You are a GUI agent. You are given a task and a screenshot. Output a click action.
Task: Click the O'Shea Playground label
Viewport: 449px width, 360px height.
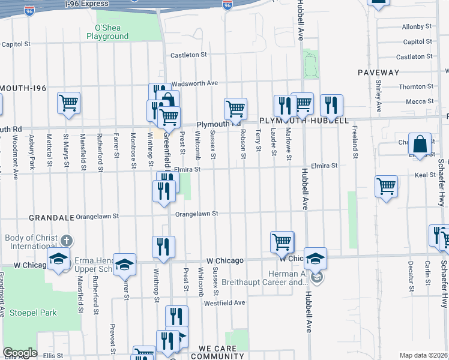(107, 32)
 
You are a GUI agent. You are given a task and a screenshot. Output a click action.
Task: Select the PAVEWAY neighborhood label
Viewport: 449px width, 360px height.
(378, 73)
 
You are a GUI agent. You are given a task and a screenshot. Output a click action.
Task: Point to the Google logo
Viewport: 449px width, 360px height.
(19, 353)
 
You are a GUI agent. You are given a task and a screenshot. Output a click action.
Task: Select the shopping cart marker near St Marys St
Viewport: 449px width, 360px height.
(69, 103)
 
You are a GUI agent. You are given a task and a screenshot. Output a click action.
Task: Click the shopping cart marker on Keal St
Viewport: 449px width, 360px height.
(386, 186)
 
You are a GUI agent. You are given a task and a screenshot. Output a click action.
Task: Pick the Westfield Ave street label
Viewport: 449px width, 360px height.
(224, 303)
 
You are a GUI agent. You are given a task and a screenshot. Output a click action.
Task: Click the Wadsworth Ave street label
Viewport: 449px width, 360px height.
(194, 83)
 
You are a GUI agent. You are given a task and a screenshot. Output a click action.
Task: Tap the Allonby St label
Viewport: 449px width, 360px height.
(413, 26)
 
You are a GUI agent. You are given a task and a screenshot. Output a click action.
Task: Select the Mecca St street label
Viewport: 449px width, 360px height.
(415, 101)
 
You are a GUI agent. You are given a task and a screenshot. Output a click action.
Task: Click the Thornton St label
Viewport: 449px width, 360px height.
(412, 86)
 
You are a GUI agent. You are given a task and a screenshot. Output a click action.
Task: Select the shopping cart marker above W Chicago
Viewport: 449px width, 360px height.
(282, 242)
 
